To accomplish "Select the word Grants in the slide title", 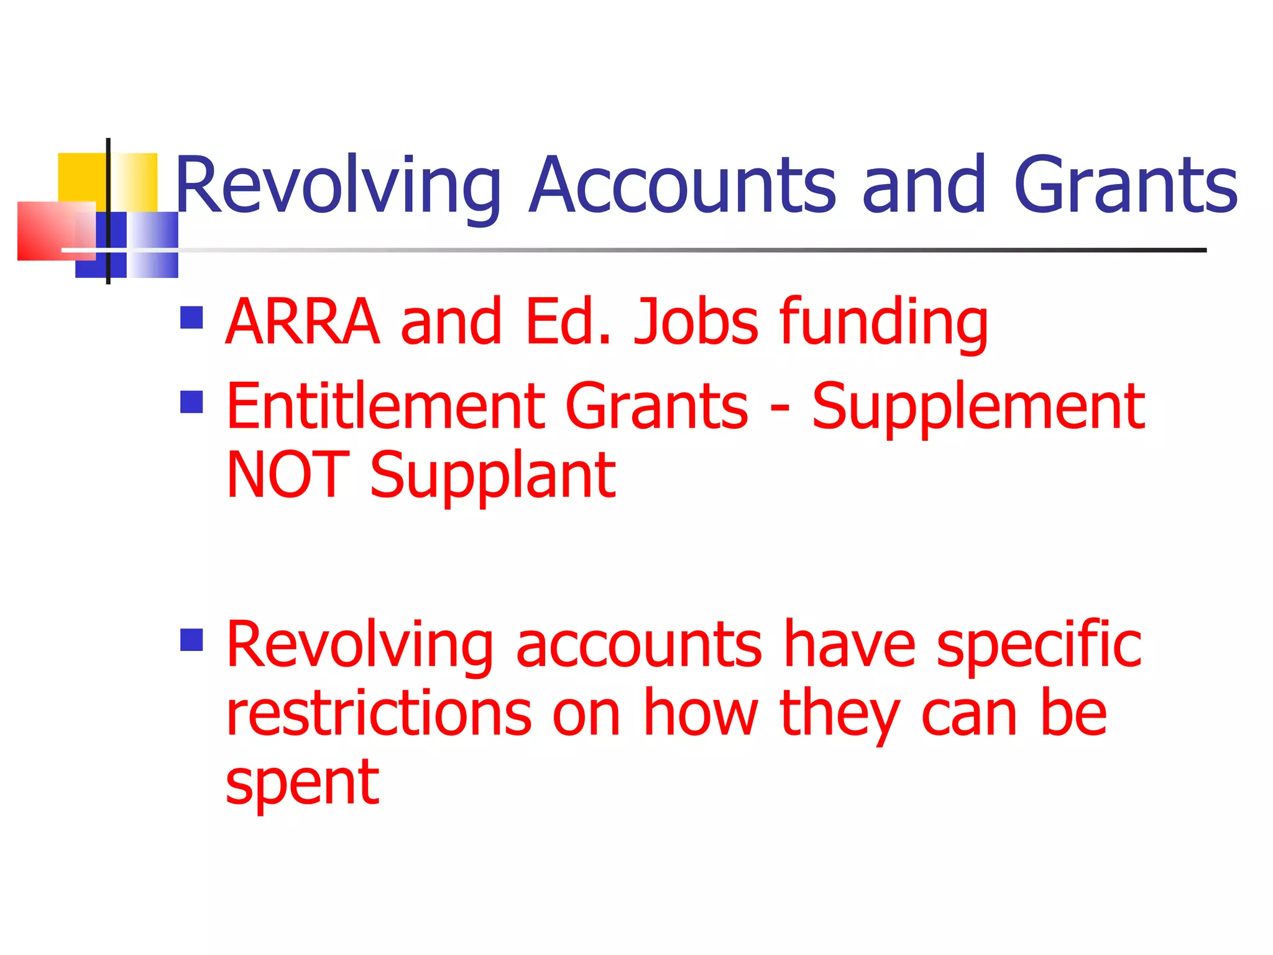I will [x=1125, y=185].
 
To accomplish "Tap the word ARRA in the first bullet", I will [x=302, y=321].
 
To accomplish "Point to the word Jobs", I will [x=696, y=321].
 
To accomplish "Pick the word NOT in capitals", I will [x=288, y=475].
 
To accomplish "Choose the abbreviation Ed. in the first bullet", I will [x=569, y=321].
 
